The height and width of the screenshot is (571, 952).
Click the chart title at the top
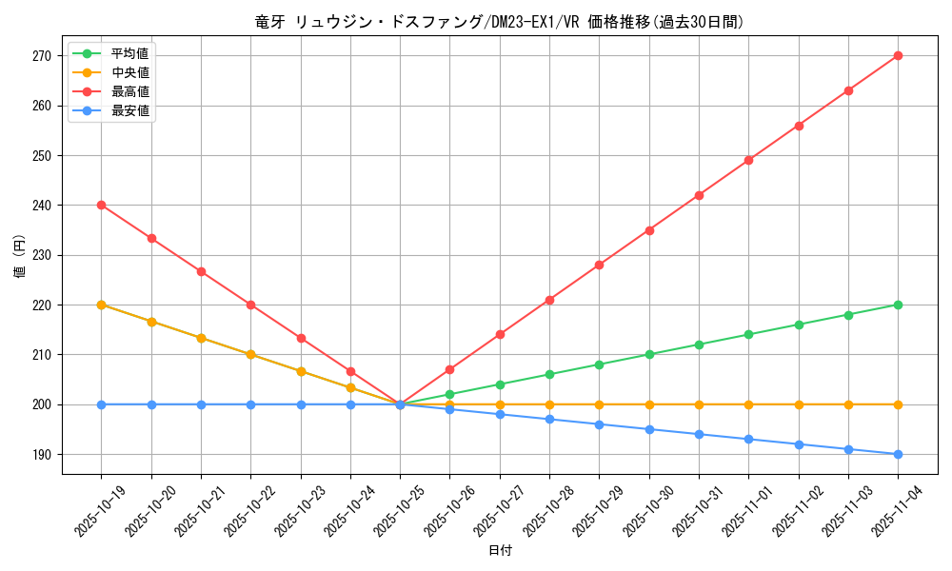pyautogui.click(x=500, y=22)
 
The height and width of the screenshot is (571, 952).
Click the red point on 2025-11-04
pyautogui.click(x=898, y=55)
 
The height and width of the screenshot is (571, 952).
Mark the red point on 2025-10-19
pyautogui.click(x=101, y=205)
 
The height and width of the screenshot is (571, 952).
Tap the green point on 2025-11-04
pyautogui.click(x=898, y=305)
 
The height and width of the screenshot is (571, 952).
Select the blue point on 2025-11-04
pyautogui.click(x=898, y=454)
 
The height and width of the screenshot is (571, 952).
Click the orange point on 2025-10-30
pyautogui.click(x=649, y=404)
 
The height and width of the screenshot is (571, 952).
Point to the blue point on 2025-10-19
pyautogui.click(x=101, y=404)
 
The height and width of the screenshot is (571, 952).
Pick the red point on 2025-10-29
pyautogui.click(x=599, y=265)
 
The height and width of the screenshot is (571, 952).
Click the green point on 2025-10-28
pyautogui.click(x=549, y=374)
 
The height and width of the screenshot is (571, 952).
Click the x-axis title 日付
pyautogui.click(x=500, y=550)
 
